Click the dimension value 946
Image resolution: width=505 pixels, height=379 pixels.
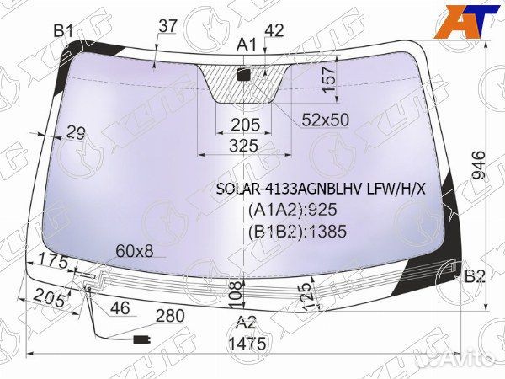(x=479, y=166)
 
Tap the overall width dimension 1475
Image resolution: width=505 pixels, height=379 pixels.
(x=247, y=344)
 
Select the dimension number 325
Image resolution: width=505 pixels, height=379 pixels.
(x=244, y=146)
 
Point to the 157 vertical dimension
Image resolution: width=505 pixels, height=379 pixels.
(x=329, y=80)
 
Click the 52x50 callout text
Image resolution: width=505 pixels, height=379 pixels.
(x=326, y=120)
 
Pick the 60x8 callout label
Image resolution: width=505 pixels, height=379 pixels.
(x=135, y=251)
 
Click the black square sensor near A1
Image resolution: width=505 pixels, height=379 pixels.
(x=243, y=74)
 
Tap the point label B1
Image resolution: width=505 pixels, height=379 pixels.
(x=63, y=32)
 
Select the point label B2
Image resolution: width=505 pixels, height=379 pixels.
(x=475, y=276)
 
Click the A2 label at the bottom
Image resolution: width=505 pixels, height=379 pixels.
(x=247, y=323)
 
